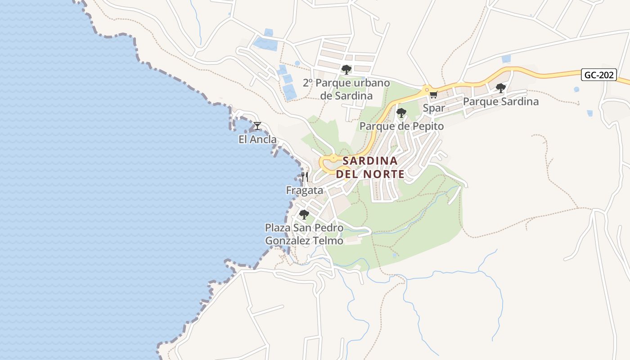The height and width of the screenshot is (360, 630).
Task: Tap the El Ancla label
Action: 257,139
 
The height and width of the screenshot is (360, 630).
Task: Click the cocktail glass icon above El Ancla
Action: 257,126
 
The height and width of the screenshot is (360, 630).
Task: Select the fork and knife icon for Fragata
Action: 305,177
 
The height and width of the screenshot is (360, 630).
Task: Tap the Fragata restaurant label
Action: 305,190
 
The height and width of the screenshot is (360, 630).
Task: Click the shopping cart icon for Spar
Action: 433,94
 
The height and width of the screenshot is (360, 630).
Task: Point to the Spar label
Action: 434,108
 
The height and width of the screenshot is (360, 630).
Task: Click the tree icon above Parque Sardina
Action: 500,88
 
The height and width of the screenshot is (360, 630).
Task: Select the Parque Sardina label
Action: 500,102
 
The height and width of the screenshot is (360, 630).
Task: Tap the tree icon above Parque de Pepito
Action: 401,112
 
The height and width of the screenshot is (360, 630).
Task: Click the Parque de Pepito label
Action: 401,126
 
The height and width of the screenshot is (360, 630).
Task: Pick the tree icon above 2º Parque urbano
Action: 346,69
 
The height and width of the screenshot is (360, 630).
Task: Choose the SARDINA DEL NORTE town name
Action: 370,167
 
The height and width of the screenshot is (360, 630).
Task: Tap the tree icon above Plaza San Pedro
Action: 304,214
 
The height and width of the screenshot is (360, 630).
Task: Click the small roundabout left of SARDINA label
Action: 333,158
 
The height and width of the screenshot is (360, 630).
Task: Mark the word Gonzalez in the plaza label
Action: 287,241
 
